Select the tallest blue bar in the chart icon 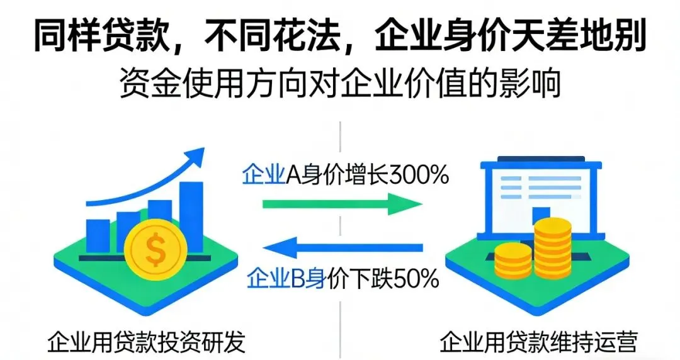coord(191,211)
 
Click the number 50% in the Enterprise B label coord(416,277)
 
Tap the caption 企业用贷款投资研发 coord(146,343)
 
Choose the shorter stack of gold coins coord(513,261)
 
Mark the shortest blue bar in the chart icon coord(98,233)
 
